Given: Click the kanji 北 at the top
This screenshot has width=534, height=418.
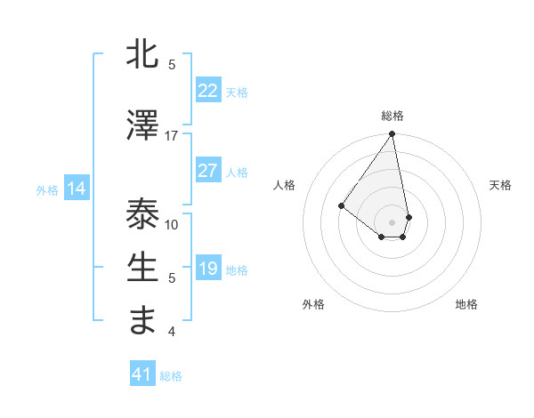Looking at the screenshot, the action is (x=143, y=55).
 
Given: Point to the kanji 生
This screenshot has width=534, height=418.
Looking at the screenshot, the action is (x=143, y=267).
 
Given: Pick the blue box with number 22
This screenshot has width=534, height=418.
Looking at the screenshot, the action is (x=207, y=91).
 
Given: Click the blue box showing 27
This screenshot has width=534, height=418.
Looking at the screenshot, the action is (x=207, y=171).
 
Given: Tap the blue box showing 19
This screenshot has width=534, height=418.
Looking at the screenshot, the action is (x=207, y=269).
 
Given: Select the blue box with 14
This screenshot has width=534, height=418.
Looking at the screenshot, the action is (x=77, y=189).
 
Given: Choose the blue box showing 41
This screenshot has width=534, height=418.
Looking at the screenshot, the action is (x=142, y=374).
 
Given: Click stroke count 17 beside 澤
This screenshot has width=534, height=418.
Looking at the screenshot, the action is (x=172, y=136).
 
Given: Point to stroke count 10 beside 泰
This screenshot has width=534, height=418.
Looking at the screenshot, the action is (x=172, y=225).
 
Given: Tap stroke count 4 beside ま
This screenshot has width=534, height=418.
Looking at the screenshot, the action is (x=172, y=332).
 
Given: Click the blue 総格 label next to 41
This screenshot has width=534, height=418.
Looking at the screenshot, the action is (x=171, y=376).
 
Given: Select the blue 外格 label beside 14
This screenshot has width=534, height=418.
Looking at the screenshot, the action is (x=47, y=189).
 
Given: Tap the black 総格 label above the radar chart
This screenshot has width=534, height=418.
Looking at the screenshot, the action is (x=392, y=116).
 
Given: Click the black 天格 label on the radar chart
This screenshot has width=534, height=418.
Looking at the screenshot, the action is (x=500, y=185).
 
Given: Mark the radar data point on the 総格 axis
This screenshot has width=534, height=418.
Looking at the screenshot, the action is (x=392, y=134).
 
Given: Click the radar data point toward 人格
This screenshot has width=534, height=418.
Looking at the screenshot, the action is (x=341, y=205).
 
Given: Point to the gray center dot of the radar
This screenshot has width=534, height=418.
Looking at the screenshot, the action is (x=392, y=221).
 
